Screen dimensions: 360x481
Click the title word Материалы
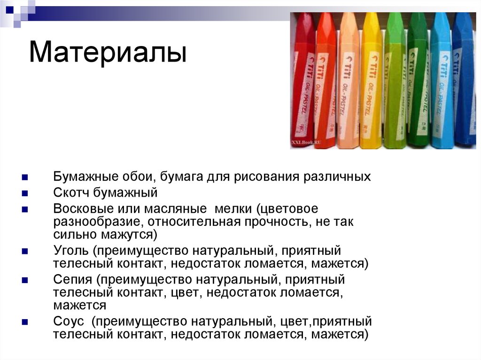coord(108,53)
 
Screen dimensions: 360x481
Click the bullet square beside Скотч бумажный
coord(25,193)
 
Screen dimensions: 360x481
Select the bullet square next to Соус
coord(25,322)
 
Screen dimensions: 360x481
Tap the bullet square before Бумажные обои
coord(25,177)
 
